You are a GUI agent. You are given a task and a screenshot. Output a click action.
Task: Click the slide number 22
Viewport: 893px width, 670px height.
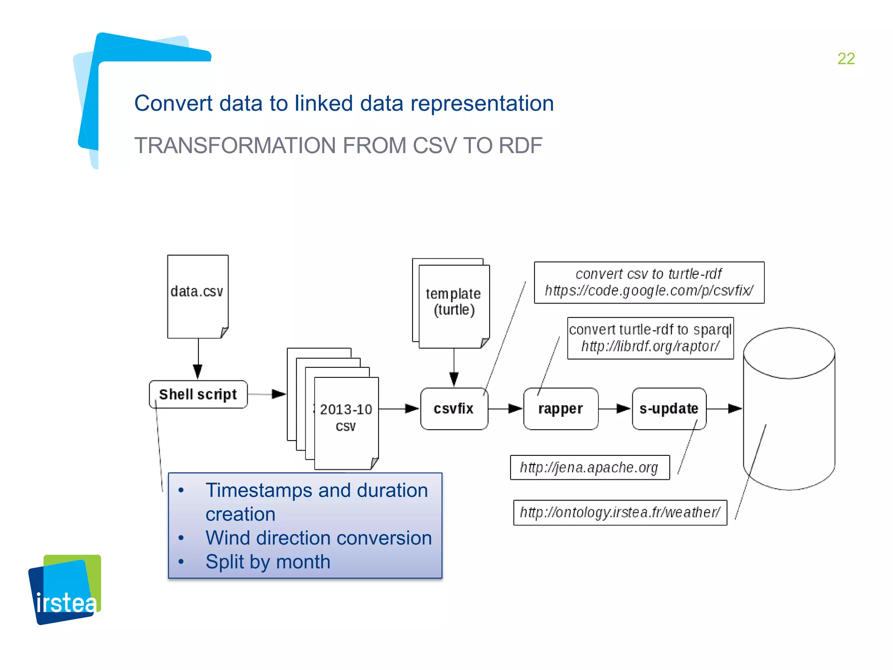(x=845, y=59)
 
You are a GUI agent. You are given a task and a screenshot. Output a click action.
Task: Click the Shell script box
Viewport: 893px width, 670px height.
(x=198, y=394)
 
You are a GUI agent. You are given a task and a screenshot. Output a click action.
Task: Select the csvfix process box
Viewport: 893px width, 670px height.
(x=453, y=409)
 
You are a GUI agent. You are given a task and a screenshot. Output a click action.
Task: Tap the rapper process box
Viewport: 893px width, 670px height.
(x=560, y=409)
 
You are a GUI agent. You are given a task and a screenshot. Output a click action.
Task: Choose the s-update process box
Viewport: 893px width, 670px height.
(x=669, y=409)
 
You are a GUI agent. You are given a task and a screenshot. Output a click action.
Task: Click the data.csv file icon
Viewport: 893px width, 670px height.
(x=198, y=297)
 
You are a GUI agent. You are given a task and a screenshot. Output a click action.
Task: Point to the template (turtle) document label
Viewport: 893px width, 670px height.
(x=453, y=302)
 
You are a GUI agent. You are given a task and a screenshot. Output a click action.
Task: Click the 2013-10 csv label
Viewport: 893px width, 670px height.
(x=346, y=417)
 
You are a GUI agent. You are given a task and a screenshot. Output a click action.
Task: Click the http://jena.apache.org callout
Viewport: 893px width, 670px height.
(x=590, y=468)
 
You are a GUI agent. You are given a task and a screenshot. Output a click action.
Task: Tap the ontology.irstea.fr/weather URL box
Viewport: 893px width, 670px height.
(x=620, y=513)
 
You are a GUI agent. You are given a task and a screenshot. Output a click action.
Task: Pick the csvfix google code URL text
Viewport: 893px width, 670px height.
(x=649, y=291)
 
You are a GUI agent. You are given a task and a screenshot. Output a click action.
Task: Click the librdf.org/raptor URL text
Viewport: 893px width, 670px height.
(x=650, y=346)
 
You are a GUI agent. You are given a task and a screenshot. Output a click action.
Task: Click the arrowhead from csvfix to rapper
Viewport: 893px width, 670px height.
(x=515, y=409)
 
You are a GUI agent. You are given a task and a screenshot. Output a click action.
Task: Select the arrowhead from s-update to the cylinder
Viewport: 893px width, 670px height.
(x=735, y=409)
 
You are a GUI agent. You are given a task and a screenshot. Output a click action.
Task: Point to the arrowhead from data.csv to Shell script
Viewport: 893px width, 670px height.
(x=198, y=372)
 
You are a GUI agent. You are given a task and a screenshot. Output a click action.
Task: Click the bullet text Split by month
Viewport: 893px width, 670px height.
(x=268, y=562)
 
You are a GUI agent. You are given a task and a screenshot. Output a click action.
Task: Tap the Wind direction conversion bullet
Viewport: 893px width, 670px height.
(x=318, y=538)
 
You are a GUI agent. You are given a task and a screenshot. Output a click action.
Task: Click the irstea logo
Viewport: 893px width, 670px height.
(x=65, y=590)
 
